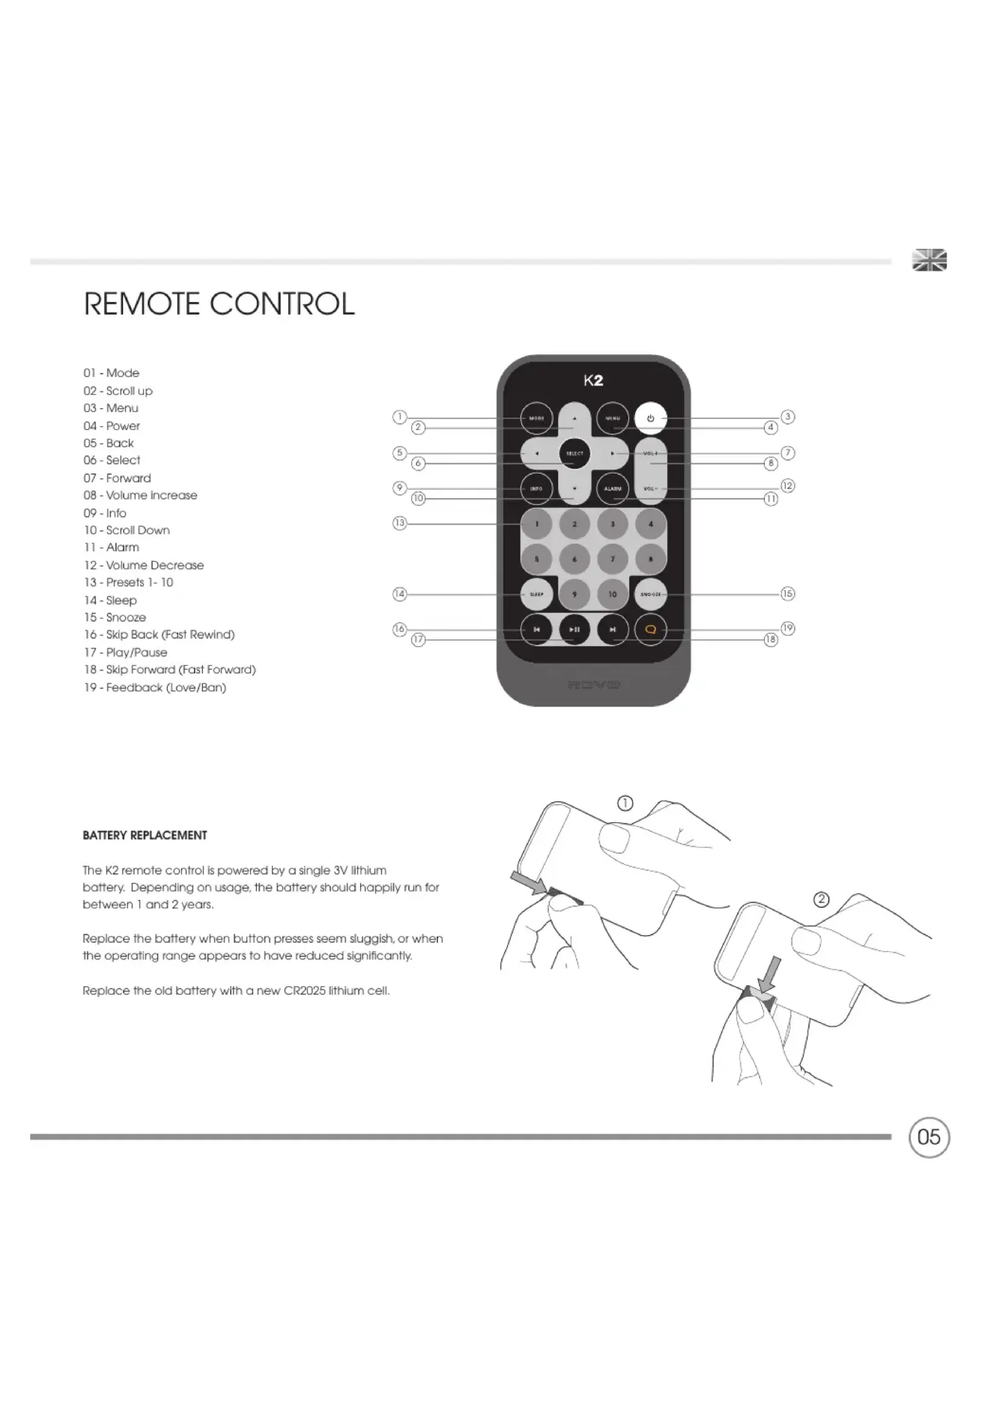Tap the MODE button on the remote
point(536,419)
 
